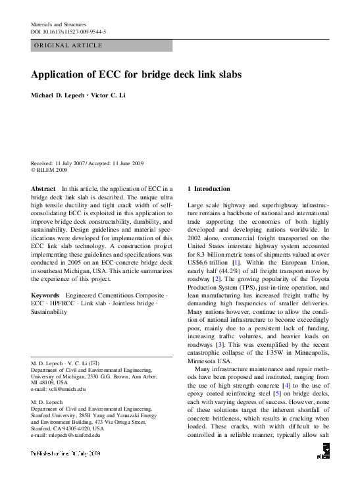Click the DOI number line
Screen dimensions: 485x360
pos(68,32)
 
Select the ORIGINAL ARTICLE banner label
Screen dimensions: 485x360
pos(68,45)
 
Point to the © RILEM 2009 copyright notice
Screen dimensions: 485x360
pos(49,170)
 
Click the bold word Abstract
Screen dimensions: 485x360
pos(43,188)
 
